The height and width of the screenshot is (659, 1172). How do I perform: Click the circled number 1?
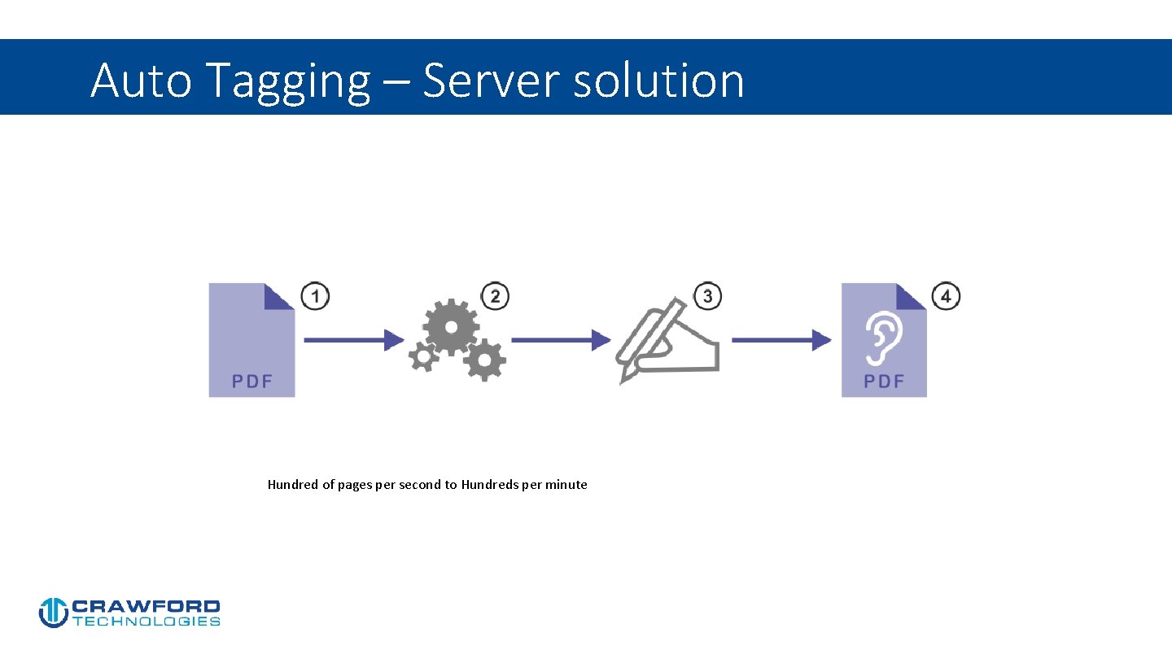(x=315, y=296)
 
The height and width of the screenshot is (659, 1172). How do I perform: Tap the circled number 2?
(x=495, y=296)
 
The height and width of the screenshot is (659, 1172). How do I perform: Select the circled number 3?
(x=707, y=296)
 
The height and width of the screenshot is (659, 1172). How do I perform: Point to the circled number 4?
(x=946, y=296)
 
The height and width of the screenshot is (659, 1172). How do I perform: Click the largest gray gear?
(x=450, y=326)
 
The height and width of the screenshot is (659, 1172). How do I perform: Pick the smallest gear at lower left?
(x=422, y=356)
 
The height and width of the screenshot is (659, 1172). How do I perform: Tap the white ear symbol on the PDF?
(x=884, y=338)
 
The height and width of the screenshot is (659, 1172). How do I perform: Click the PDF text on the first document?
(x=251, y=381)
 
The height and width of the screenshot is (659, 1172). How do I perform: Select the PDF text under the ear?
(x=884, y=381)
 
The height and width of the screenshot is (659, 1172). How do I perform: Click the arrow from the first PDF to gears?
(x=354, y=340)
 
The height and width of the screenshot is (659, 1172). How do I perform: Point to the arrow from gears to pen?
(x=560, y=340)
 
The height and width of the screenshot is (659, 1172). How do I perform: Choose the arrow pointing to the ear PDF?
(x=781, y=340)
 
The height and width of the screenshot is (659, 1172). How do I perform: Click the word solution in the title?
(x=658, y=81)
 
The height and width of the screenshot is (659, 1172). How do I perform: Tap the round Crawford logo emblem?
(x=53, y=613)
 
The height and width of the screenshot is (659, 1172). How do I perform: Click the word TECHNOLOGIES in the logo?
(x=146, y=622)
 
